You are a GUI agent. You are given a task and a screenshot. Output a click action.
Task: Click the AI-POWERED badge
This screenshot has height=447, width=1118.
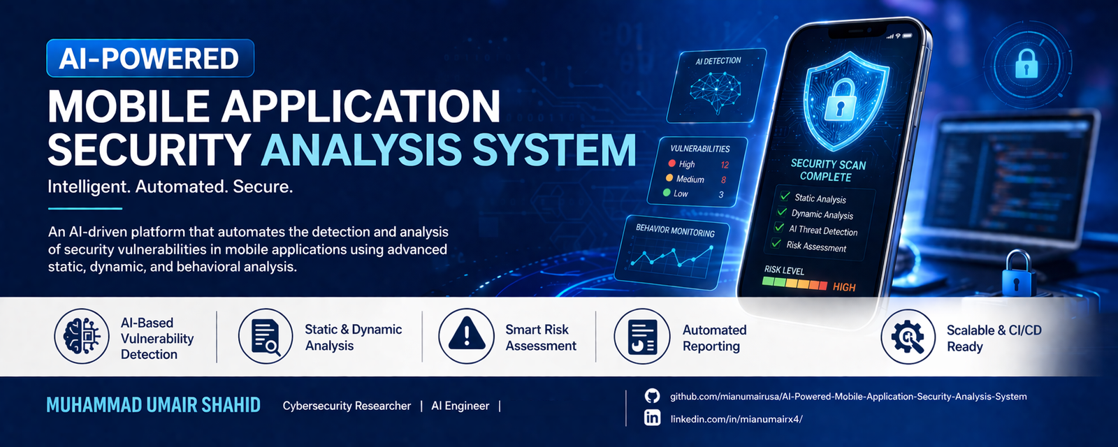(150, 59)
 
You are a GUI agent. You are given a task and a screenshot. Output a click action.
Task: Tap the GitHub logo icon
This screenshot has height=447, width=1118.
(652, 396)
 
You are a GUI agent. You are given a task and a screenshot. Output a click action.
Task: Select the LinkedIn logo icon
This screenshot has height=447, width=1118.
(652, 418)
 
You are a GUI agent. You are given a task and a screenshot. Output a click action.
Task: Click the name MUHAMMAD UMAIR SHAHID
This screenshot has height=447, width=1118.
(153, 405)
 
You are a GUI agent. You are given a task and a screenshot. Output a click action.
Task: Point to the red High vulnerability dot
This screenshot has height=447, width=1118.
(671, 163)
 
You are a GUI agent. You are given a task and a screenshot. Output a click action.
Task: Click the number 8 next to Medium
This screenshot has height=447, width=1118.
(723, 179)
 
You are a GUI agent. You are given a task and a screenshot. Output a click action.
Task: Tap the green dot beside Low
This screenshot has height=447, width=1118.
(667, 193)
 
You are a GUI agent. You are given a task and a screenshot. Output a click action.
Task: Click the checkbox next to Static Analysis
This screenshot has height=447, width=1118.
(785, 196)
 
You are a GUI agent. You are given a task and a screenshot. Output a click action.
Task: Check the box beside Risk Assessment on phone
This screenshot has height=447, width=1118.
(776, 244)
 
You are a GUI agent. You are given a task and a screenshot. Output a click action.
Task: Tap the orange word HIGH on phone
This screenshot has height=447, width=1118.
(844, 287)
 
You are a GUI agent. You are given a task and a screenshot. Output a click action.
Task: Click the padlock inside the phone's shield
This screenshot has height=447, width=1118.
(841, 99)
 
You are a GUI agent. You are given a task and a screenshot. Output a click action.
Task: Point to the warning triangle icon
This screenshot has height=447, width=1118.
(467, 335)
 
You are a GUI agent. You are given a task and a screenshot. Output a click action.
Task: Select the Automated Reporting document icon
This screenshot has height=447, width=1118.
(642, 337)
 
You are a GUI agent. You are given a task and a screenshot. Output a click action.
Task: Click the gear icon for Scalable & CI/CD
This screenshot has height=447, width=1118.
(908, 337)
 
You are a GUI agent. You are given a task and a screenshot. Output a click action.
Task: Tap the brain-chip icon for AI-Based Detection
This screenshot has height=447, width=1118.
(82, 336)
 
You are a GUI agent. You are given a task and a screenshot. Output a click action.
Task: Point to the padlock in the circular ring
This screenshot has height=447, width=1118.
(1026, 64)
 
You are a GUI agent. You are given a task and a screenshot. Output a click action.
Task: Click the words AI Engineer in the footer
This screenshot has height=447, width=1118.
(460, 406)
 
